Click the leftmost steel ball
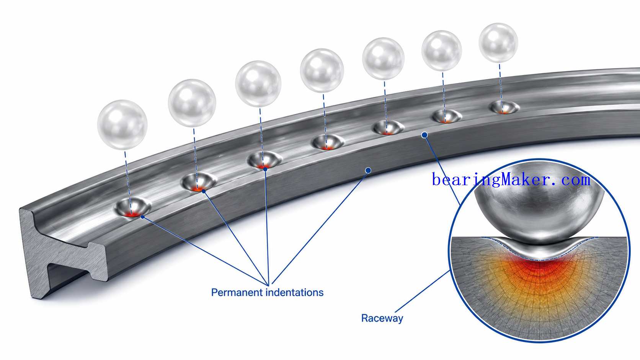(122, 125)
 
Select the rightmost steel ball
(498, 43)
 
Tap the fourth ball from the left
(322, 70)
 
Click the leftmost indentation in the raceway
(133, 207)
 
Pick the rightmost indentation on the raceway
(504, 108)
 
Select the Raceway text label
(382, 318)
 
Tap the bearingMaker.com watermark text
(511, 180)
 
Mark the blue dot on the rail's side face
(368, 171)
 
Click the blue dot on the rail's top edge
(424, 135)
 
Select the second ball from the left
(192, 103)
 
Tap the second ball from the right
(442, 51)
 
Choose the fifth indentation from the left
(389, 127)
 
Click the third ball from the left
(258, 84)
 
